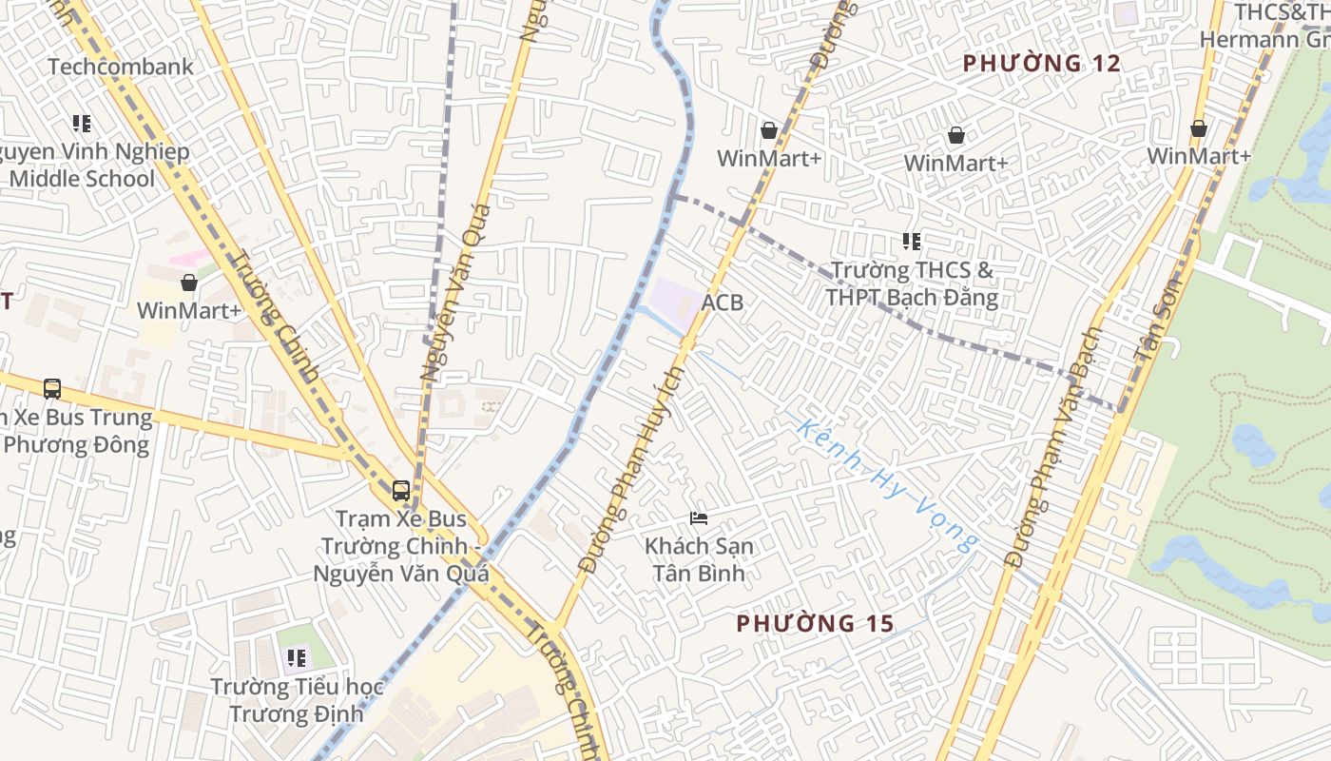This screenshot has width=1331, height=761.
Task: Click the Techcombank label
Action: tap(120, 67)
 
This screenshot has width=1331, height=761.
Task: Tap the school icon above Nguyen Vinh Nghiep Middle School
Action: tap(82, 124)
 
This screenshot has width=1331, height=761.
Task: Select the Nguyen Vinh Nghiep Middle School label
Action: tap(90, 166)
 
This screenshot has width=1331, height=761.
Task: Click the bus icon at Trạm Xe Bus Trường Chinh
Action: tap(401, 491)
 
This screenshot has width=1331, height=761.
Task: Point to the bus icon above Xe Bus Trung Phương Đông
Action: tap(52, 388)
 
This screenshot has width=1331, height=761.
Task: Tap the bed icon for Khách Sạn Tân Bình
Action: tap(699, 518)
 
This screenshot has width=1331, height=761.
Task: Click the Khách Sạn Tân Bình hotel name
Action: tap(699, 559)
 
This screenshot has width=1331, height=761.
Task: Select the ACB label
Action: tap(723, 302)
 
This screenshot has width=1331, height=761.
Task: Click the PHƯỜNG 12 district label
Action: tap(1042, 64)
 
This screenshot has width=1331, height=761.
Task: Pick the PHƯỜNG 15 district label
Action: tap(816, 624)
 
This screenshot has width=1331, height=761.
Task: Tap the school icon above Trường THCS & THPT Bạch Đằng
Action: tap(912, 242)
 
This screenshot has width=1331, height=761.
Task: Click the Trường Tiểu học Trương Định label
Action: tap(297, 700)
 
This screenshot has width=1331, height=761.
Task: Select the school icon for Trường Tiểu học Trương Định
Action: tap(297, 657)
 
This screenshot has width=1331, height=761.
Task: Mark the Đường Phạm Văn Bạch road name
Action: tap(1052, 447)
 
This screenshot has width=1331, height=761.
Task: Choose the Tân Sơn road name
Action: tap(1157, 319)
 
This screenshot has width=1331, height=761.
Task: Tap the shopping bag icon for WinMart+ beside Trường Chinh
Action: tap(189, 283)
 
